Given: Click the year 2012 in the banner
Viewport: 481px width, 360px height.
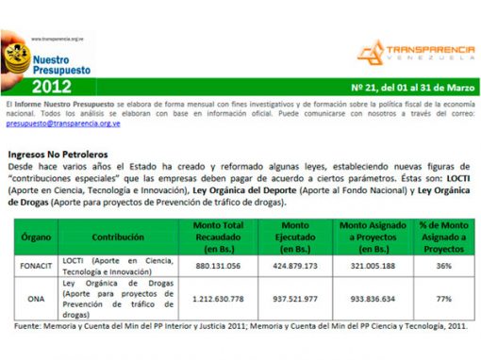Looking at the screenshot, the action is [57, 86].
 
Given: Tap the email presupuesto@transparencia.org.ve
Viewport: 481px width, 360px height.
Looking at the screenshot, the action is [62, 123].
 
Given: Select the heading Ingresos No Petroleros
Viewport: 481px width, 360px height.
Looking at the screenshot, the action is [58, 153].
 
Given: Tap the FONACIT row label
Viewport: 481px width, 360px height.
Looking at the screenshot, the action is [36, 266].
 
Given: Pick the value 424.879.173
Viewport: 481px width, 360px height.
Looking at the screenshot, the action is [296, 266].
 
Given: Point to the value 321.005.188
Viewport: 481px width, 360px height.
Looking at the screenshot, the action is [375, 266].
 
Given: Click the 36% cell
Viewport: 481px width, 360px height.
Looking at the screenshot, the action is [441, 266].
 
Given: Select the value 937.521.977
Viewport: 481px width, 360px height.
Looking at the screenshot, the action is [296, 299].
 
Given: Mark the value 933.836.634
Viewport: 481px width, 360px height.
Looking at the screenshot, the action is [375, 299].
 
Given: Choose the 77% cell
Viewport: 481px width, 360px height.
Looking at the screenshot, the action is [441, 299].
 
